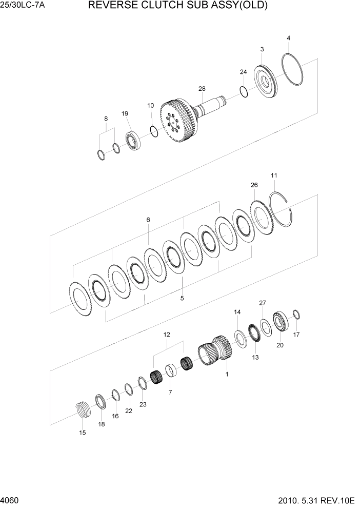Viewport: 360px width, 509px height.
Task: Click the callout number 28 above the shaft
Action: [x=202, y=89]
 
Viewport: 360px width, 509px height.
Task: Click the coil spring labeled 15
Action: [x=83, y=411]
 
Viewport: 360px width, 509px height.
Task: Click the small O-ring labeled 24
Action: [x=244, y=92]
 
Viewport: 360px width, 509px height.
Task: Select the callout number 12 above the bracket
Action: [x=167, y=335]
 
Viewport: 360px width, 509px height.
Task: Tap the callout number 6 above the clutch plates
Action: [x=148, y=220]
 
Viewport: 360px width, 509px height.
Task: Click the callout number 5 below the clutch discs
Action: [x=182, y=297]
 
